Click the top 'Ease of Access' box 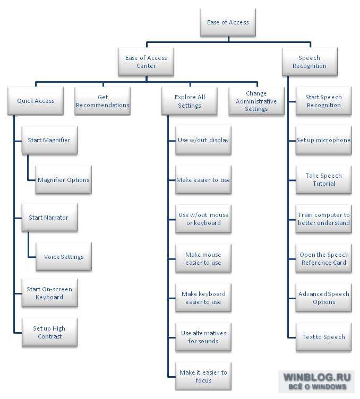[228, 22]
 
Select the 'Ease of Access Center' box [146, 62]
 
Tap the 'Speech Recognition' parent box [310, 62]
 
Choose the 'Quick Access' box [36, 101]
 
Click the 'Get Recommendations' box [102, 101]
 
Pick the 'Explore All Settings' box [190, 101]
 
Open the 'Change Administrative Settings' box [256, 101]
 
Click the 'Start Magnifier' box [50, 140]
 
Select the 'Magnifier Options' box [64, 180]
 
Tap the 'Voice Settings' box [64, 256]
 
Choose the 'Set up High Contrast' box [50, 332]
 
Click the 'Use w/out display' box [203, 140]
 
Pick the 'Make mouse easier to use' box [203, 258]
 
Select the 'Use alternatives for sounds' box [203, 337]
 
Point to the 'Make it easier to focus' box [203, 376]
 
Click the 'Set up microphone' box [323, 140]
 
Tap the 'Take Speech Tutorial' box [323, 180]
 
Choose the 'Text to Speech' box [323, 337]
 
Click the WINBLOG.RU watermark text [317, 377]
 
